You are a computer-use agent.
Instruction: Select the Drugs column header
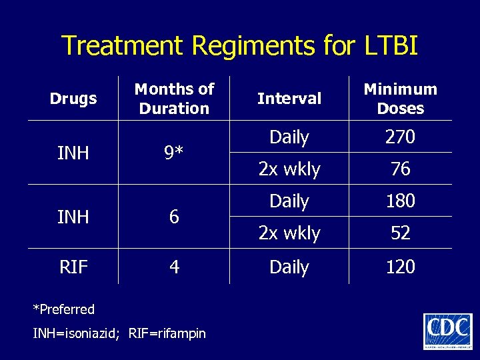click(x=73, y=99)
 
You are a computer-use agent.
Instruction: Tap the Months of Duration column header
click(x=174, y=99)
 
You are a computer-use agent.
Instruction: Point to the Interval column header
click(x=289, y=99)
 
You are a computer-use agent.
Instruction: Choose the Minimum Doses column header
click(x=400, y=99)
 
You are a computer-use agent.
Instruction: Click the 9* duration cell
click(x=174, y=153)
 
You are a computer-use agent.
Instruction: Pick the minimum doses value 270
click(x=400, y=137)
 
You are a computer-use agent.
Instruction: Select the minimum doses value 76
click(x=400, y=169)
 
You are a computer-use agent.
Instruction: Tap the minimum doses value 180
click(x=400, y=201)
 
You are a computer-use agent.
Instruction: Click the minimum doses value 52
click(x=400, y=233)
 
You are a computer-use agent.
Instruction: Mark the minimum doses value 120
click(x=400, y=267)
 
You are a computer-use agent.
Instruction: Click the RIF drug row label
click(x=73, y=267)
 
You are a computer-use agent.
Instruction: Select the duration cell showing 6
click(x=174, y=217)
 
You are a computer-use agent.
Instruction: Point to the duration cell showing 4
click(x=174, y=267)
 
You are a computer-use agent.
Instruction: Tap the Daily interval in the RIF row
click(x=289, y=267)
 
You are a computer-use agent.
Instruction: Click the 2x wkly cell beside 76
click(x=289, y=169)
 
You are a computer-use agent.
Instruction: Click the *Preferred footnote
click(x=64, y=309)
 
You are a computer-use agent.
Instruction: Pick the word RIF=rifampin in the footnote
click(x=167, y=333)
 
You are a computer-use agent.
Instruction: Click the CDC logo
click(x=447, y=331)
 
